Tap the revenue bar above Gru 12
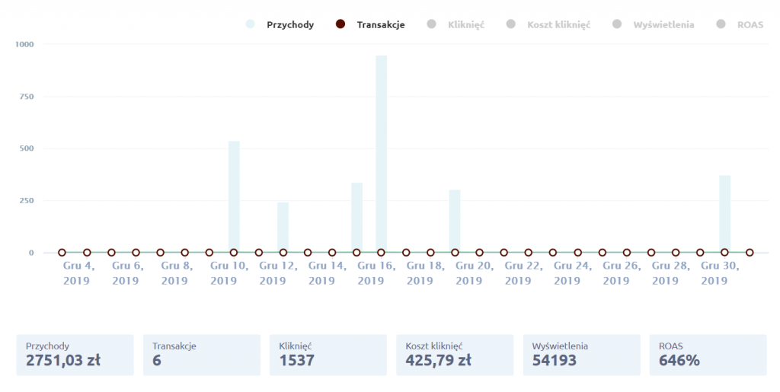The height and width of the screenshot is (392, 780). (283, 227)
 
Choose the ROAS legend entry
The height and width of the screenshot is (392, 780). (750, 24)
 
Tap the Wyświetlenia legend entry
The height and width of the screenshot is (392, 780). (663, 24)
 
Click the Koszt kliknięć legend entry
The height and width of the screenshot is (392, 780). (558, 24)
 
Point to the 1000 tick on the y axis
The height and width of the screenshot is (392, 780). (24, 44)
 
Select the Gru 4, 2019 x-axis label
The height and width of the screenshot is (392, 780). (77, 273)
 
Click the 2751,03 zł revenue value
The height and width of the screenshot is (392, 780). (63, 360)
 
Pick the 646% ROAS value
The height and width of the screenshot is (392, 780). (679, 360)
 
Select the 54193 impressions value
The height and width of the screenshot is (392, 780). (555, 360)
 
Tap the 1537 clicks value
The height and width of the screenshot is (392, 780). (297, 360)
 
